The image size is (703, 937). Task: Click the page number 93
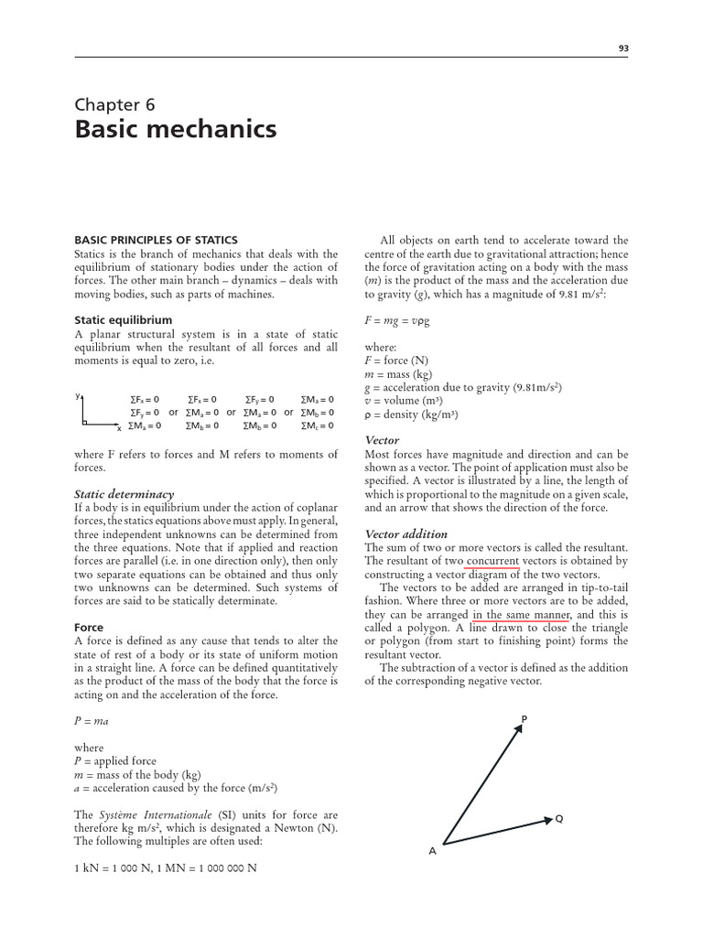tap(623, 49)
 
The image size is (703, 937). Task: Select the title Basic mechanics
tap(175, 130)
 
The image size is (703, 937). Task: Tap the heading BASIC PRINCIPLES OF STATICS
tap(156, 240)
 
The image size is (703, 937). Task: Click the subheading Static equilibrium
tap(123, 319)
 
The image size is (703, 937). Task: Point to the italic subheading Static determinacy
tap(124, 494)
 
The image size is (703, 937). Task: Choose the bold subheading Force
tap(89, 628)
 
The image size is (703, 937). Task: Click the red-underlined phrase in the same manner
tap(522, 616)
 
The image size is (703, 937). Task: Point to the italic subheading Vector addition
tap(406, 534)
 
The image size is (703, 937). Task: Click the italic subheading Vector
tap(383, 440)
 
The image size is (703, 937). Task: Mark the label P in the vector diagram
tap(524, 719)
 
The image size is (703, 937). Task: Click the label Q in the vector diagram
tap(558, 819)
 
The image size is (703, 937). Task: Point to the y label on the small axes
tap(79, 396)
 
